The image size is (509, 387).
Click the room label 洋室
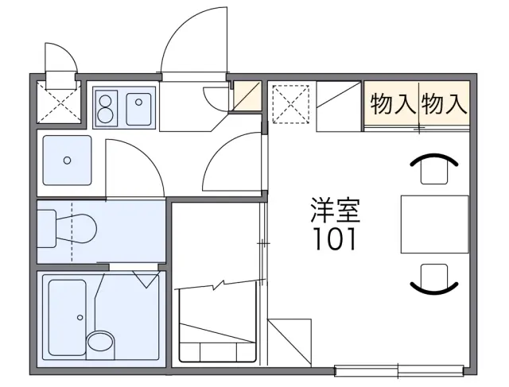(x=336, y=210)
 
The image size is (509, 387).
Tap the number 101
(x=335, y=238)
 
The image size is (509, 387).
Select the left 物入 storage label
(x=393, y=103)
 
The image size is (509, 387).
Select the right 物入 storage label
(x=445, y=103)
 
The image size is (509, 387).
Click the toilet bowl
(x=76, y=228)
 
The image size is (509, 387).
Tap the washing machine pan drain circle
(x=67, y=161)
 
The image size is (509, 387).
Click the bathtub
(x=67, y=317)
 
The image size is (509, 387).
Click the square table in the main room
(x=435, y=224)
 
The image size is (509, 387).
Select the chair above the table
(x=434, y=168)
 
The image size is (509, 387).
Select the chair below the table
(x=434, y=279)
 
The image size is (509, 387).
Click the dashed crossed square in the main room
(x=291, y=104)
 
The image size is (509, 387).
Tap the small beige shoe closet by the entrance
(x=247, y=96)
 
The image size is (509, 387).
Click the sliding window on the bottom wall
(x=399, y=370)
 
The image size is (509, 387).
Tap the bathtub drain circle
(x=80, y=318)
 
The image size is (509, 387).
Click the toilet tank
(x=46, y=229)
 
